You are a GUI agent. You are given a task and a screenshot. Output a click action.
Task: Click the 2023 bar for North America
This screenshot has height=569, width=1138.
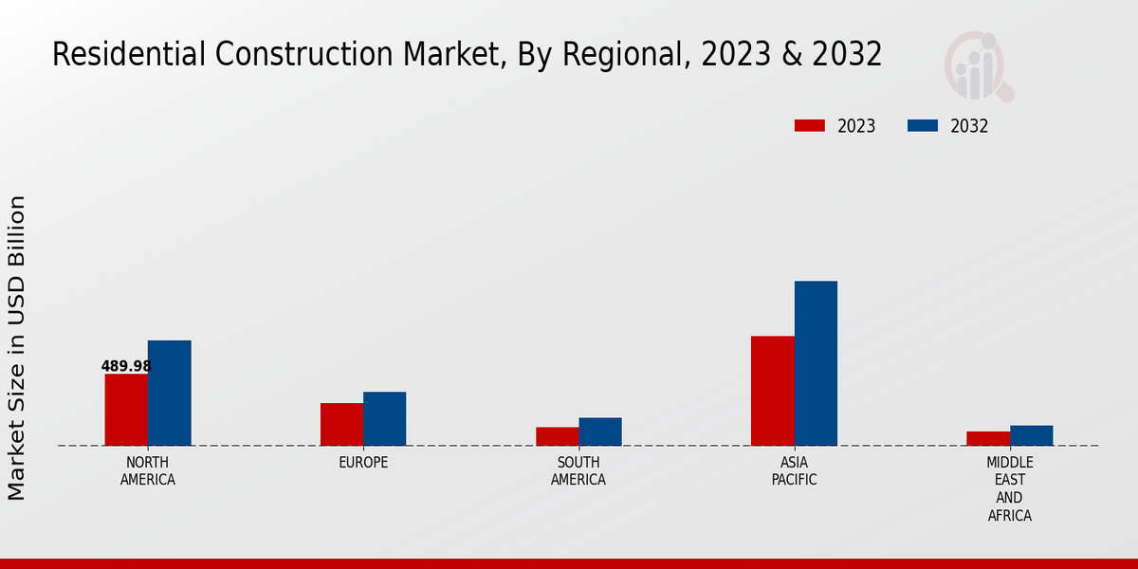tap(126, 410)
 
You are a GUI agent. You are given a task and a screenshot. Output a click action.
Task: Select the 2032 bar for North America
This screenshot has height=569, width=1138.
tap(169, 393)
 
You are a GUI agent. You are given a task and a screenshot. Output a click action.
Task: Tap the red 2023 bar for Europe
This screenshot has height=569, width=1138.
tap(341, 424)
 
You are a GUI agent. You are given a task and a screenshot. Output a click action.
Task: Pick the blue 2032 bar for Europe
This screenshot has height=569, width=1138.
tap(384, 418)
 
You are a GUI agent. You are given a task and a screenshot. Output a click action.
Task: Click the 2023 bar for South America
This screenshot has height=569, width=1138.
tap(557, 436)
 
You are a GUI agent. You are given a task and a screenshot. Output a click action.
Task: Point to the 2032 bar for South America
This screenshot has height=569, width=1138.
tap(600, 431)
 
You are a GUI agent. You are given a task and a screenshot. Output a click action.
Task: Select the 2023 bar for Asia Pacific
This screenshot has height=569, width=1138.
tap(772, 391)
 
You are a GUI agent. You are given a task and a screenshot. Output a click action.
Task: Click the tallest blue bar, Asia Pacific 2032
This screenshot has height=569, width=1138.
tap(816, 363)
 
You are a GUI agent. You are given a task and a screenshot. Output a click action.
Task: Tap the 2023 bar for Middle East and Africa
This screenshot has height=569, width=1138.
tap(988, 438)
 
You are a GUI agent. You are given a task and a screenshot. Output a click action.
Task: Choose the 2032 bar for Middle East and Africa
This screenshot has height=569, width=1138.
tap(1031, 435)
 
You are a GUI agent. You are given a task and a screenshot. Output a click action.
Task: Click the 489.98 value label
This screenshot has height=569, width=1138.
tap(126, 366)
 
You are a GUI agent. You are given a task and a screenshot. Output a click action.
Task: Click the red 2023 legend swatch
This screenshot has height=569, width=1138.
tap(809, 126)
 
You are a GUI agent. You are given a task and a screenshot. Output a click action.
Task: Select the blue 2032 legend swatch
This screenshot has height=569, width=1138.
tap(923, 126)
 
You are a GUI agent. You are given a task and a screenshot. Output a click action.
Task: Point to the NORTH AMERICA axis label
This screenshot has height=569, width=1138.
tap(148, 471)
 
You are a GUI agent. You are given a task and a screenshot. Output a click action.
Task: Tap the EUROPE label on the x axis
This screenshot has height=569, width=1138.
tap(363, 463)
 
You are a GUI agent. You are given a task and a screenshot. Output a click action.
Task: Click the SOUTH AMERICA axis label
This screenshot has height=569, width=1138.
tap(578, 471)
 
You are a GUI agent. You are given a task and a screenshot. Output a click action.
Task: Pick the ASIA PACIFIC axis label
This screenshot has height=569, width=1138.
tap(795, 471)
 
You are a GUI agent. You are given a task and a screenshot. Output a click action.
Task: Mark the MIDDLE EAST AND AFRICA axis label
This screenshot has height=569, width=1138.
tap(1010, 489)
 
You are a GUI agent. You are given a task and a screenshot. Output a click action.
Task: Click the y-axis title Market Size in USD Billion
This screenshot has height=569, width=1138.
tap(17, 348)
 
